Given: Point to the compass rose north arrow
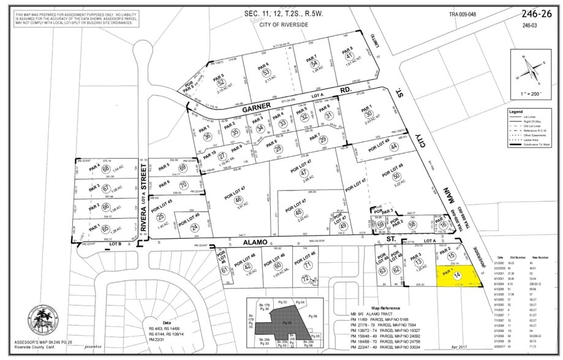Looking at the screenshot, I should coord(530,67).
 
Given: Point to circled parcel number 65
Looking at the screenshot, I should coord(105,228).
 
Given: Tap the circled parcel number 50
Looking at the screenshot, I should coord(396,176).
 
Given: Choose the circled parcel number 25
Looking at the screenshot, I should coord(161,217).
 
